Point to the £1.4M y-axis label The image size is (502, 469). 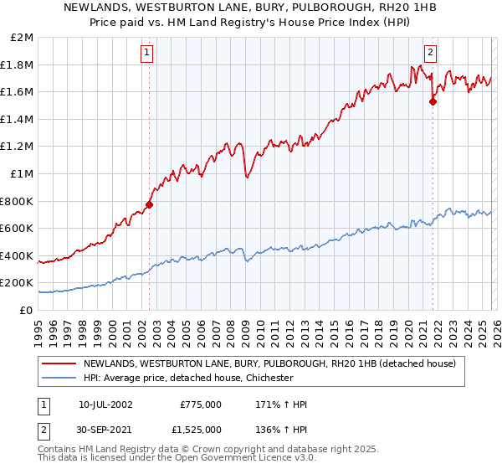coord(19,119)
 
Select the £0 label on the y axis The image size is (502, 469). coord(27,310)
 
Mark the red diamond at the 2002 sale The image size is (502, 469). coord(150,204)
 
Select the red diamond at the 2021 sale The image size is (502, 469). coord(433,102)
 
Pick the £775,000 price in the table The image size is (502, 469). coord(200,405)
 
